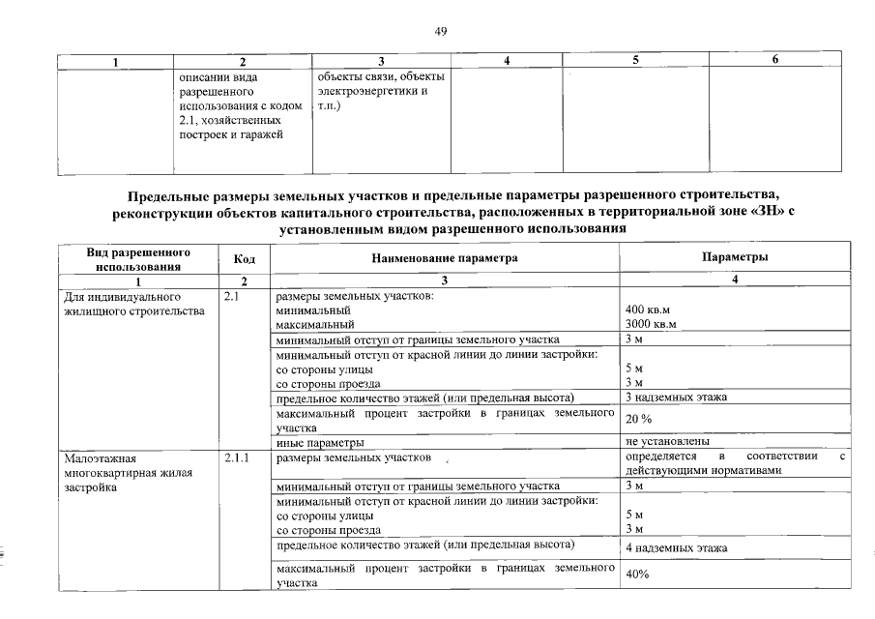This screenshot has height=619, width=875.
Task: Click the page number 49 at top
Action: tap(440, 32)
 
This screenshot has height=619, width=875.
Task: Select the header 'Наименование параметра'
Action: tap(445, 258)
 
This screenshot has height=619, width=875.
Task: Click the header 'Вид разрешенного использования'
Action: tap(138, 258)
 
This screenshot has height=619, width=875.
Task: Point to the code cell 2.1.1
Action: tap(236, 457)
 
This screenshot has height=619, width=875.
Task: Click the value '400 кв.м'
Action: tap(649, 310)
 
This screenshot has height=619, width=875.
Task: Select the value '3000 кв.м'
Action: tap(652, 325)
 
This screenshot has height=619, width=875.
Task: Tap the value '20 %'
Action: tap(639, 419)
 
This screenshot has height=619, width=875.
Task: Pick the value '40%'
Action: tap(637, 575)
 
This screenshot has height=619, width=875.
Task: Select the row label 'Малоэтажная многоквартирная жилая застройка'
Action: tap(117, 473)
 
